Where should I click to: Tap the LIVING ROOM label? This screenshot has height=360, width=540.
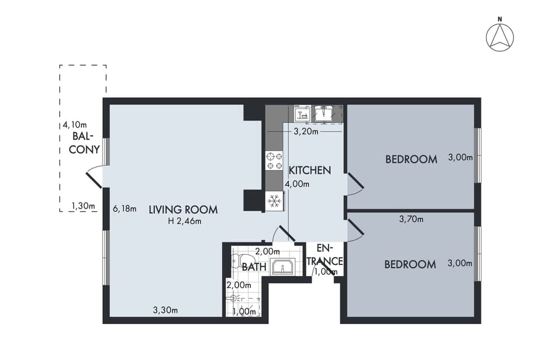tap(183, 210)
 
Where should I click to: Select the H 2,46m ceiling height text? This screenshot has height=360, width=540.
tap(184, 221)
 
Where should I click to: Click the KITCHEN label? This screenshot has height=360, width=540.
tap(309, 170)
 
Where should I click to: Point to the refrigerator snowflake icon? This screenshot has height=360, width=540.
tap(274, 201)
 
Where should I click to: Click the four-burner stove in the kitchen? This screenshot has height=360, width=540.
tap(274, 160)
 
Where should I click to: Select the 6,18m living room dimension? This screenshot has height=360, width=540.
tap(124, 208)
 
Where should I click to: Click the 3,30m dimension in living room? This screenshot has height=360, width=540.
tap(166, 310)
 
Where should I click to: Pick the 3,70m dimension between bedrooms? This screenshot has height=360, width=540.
tap(411, 219)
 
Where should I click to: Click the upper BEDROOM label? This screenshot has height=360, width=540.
tap(411, 159)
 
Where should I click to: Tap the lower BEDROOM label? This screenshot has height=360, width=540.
tap(410, 264)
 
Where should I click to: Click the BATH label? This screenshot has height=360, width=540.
tap(254, 267)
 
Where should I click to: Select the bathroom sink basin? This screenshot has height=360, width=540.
tap(284, 267)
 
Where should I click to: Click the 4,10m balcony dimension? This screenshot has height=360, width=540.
tap(75, 125)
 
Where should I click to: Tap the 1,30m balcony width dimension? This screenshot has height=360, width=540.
tap(83, 206)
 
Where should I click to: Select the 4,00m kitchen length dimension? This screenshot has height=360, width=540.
tap(296, 184)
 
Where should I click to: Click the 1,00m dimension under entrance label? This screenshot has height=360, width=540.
tap(324, 272)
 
